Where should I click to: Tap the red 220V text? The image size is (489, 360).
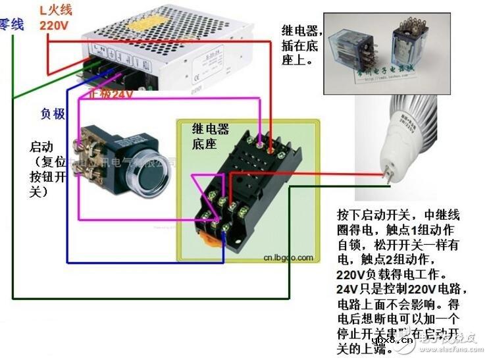pos(55,26)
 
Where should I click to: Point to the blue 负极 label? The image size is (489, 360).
pos(53,114)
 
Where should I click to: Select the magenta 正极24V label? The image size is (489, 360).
pos(112,94)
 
